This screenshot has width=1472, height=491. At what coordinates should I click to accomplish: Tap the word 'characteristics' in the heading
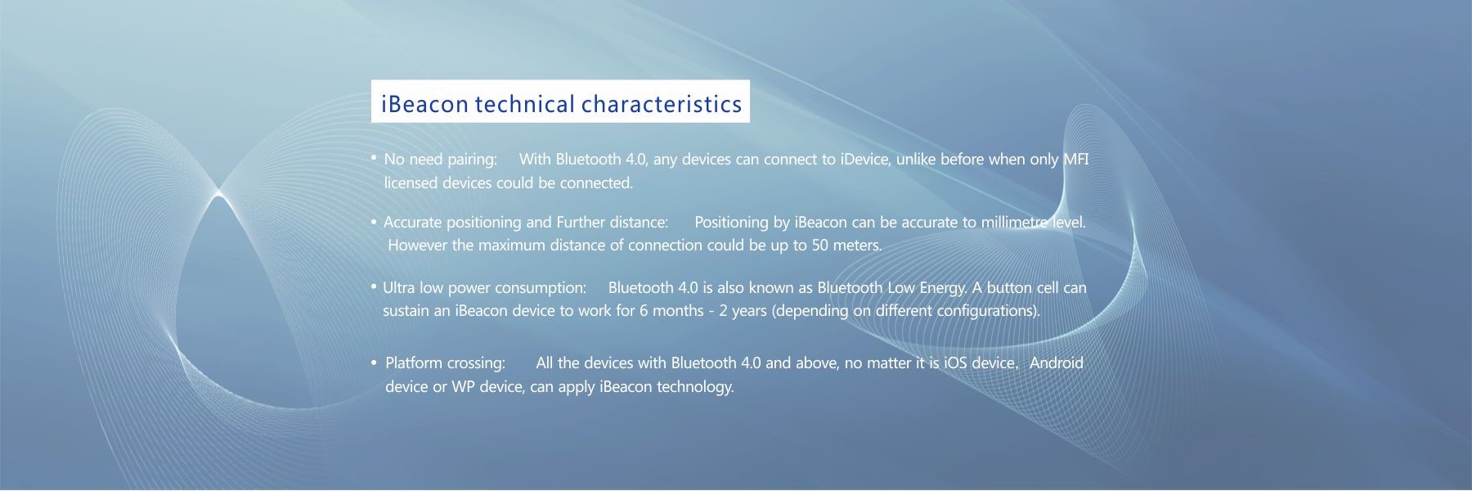(x=662, y=104)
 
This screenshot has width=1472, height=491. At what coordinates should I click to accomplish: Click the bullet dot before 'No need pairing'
(x=373, y=157)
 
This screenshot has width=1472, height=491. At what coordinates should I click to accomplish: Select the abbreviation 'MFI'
(x=1075, y=159)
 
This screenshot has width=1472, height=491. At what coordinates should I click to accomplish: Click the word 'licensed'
(x=411, y=182)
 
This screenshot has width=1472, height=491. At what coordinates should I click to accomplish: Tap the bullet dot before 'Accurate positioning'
(x=373, y=222)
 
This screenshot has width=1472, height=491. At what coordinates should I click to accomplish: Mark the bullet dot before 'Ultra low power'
(x=373, y=286)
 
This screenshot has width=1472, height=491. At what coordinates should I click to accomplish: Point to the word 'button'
(x=1009, y=287)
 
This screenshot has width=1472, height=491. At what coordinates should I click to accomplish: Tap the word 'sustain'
(x=406, y=310)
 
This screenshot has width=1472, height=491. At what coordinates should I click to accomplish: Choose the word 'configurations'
(x=988, y=311)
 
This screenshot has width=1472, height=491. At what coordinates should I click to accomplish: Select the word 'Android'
(x=1056, y=363)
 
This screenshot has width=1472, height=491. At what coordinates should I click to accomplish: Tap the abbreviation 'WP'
(x=464, y=386)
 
